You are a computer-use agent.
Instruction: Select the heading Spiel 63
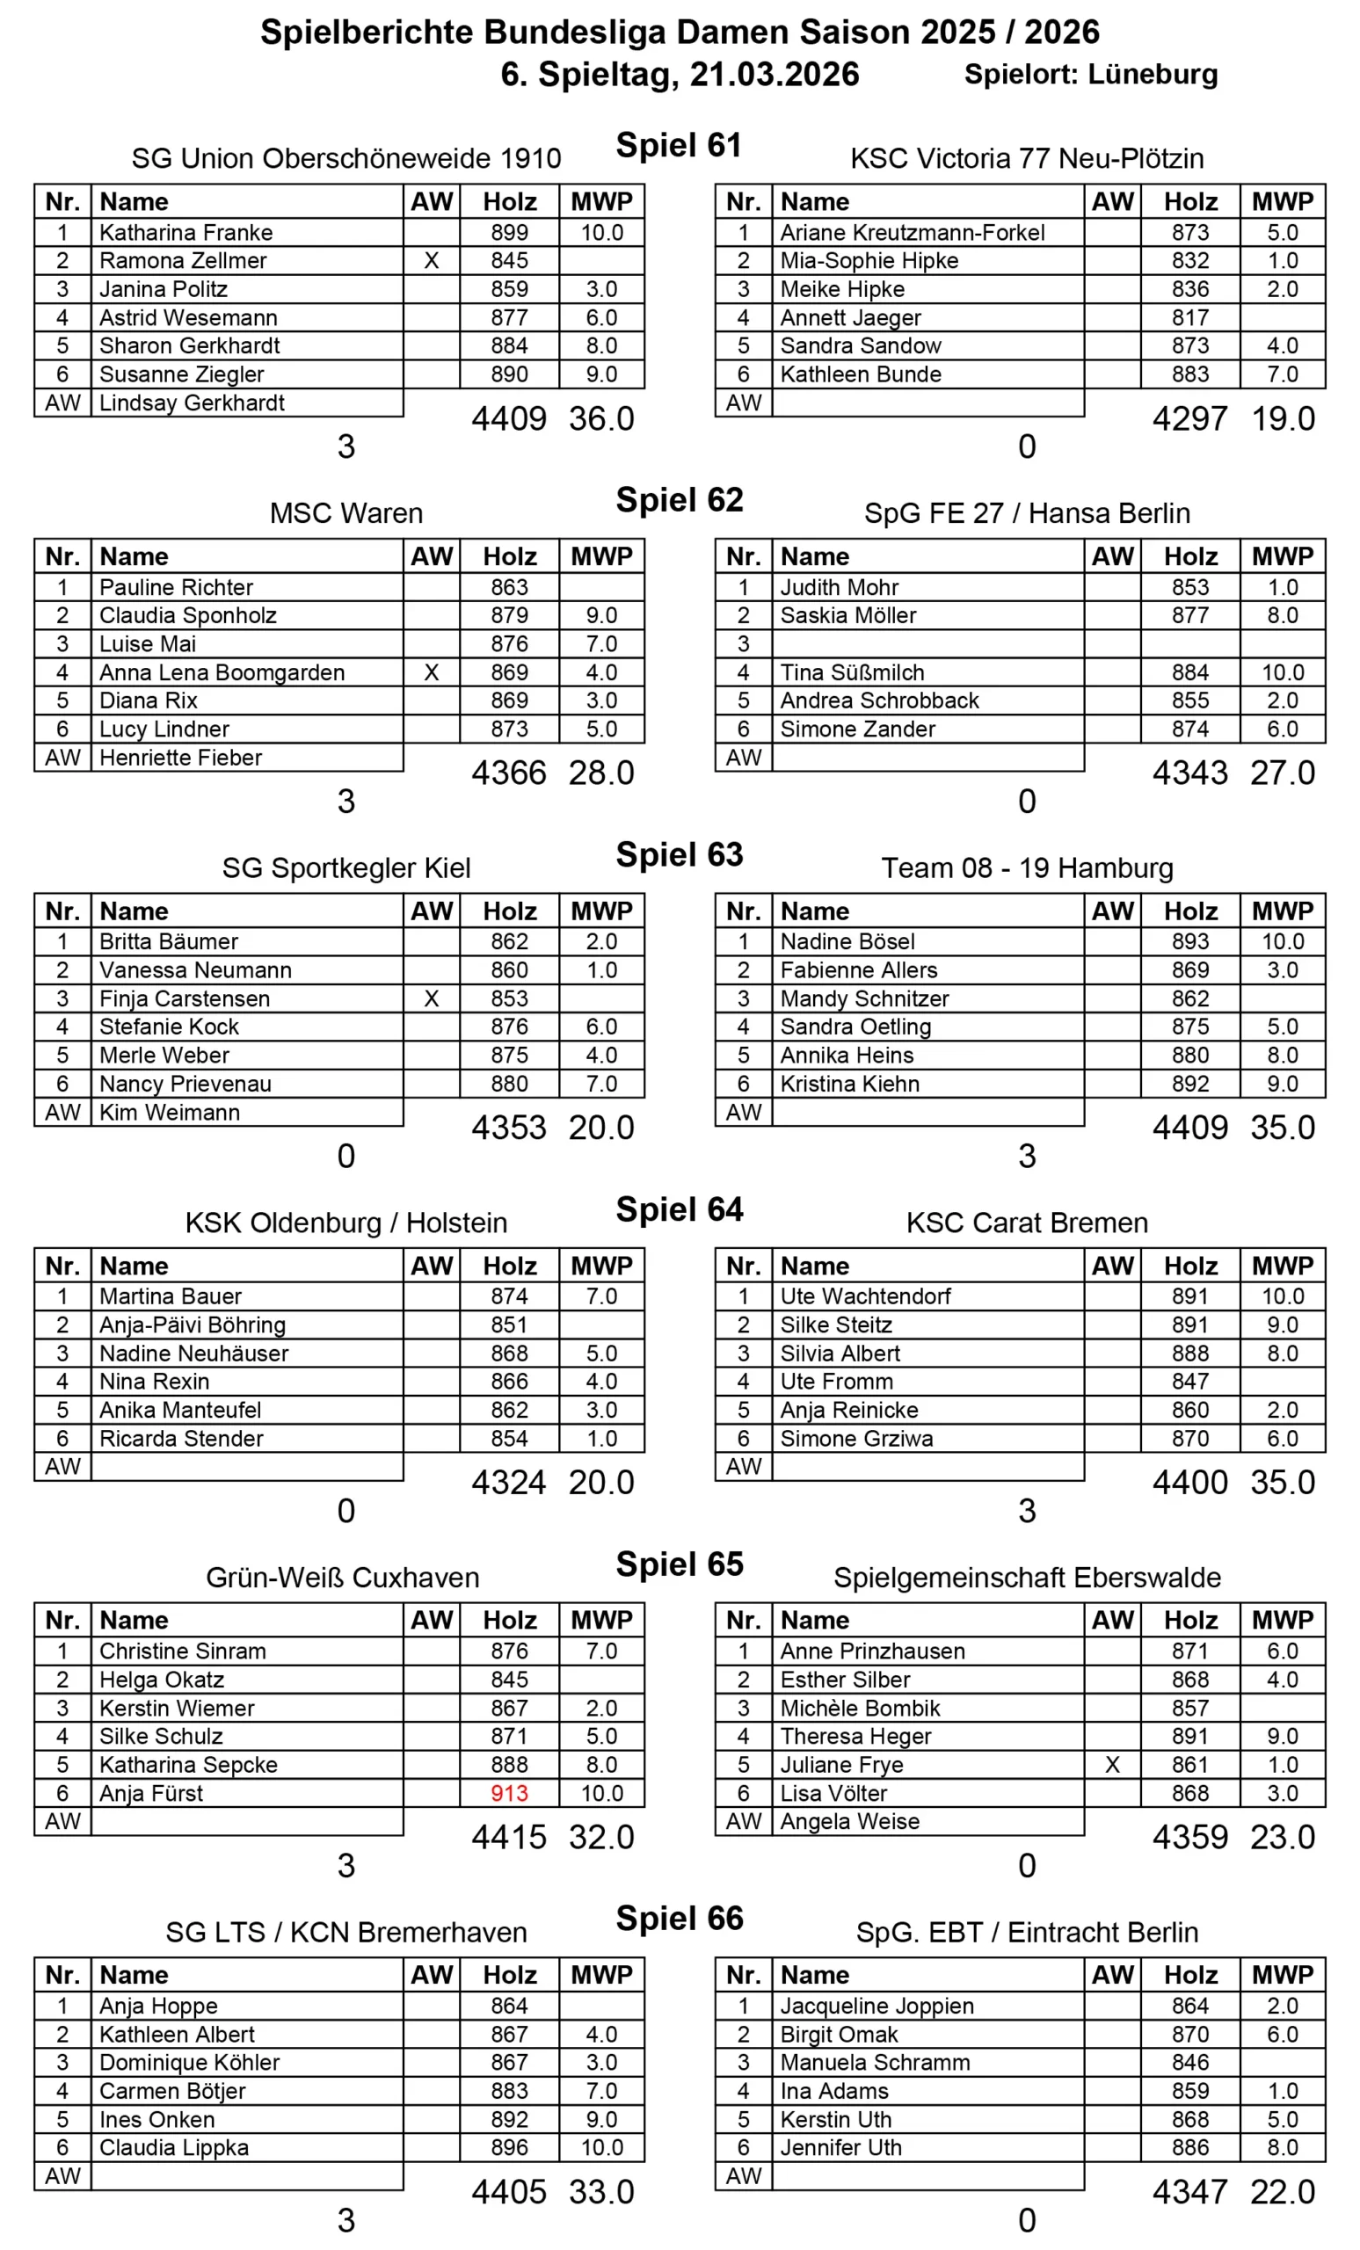679,854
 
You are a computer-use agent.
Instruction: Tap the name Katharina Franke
185,233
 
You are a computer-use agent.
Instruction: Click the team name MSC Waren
346,513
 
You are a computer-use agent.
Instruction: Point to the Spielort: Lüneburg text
1091,75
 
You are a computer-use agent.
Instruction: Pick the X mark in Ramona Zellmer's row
431,261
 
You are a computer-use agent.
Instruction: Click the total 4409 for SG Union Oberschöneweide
509,419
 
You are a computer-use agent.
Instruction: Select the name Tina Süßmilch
851,673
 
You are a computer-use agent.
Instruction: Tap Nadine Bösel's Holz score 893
1190,941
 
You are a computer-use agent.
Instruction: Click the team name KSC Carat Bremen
1027,1223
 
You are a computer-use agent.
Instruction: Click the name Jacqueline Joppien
876,2007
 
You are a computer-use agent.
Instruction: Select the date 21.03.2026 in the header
774,75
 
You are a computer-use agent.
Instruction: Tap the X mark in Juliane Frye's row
1111,1765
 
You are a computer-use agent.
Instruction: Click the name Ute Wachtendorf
865,1296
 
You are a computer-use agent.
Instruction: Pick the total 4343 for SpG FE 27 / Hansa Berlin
1190,773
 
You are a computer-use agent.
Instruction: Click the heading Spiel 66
679,1919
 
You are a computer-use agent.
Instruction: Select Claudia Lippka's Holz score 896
509,2148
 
